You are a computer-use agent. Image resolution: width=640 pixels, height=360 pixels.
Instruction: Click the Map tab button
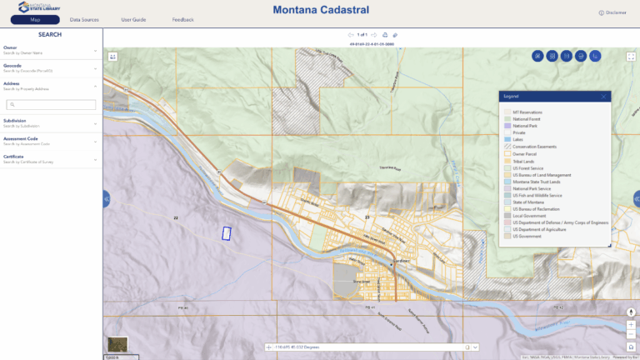click(x=35, y=19)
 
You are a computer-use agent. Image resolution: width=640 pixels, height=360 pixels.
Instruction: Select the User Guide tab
click(x=133, y=19)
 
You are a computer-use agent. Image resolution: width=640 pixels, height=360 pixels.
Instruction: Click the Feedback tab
click(x=183, y=19)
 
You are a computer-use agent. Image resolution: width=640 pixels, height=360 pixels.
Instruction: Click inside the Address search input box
click(x=52, y=104)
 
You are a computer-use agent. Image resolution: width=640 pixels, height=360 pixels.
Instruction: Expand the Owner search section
click(x=50, y=50)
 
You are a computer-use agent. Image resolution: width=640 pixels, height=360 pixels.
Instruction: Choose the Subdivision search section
click(x=50, y=123)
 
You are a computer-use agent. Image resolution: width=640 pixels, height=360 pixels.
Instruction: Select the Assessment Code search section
click(x=50, y=141)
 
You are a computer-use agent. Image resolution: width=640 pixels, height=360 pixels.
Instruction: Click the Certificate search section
click(x=50, y=157)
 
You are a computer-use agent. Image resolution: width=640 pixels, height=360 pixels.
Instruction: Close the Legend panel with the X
click(x=603, y=97)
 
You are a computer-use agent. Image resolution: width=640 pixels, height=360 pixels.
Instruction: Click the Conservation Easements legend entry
click(x=533, y=147)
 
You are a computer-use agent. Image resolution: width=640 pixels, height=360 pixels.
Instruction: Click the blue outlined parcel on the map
click(x=225, y=234)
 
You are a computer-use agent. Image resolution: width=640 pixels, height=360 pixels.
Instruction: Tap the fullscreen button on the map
click(x=631, y=56)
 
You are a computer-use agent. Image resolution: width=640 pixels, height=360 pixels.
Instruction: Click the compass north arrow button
click(x=631, y=312)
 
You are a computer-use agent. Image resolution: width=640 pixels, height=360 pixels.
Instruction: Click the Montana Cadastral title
click(x=320, y=11)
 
